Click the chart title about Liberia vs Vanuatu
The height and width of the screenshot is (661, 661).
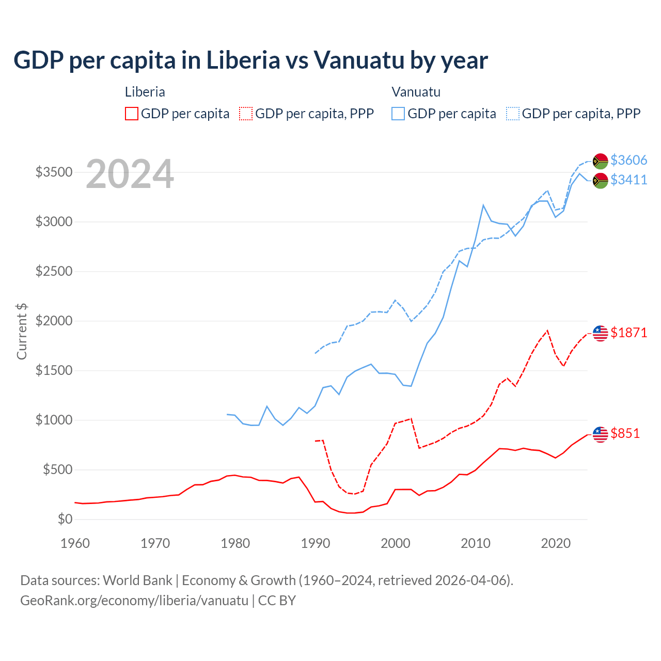click(x=250, y=60)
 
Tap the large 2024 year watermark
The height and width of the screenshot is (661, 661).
click(x=130, y=175)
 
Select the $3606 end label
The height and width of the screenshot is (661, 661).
click(x=628, y=160)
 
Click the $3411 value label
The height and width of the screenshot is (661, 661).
click(x=628, y=180)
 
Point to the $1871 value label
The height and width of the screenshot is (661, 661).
click(x=628, y=333)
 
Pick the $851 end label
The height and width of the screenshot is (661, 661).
click(x=625, y=433)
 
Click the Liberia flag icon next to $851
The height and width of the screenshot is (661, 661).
click(x=600, y=434)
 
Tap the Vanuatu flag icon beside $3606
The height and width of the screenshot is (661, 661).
click(x=600, y=161)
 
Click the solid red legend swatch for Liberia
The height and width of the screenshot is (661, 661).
click(x=132, y=114)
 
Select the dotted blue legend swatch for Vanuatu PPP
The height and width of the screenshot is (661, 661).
click(x=513, y=114)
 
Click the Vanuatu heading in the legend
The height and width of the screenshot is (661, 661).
click(x=416, y=92)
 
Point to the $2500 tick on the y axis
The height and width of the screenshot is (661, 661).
click(x=54, y=271)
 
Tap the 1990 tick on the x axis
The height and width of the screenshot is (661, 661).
click(x=315, y=543)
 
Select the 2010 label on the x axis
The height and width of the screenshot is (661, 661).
click(x=475, y=543)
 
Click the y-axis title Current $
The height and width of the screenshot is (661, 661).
click(x=22, y=332)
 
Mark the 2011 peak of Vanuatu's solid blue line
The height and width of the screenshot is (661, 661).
click(x=483, y=206)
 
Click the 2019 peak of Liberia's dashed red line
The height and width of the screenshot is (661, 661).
click(x=547, y=330)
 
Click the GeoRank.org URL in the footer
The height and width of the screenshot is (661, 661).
click(x=134, y=601)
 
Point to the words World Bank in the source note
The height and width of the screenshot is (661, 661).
click(x=137, y=580)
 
